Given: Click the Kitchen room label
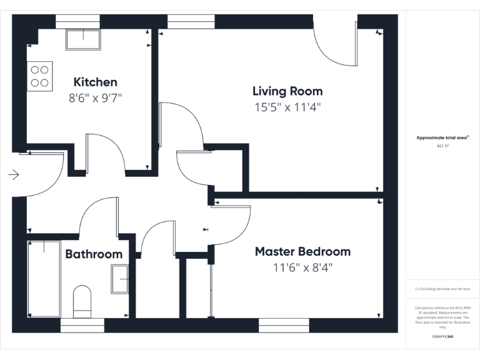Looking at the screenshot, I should coord(95,82).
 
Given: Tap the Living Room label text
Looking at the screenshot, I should coord(287,91).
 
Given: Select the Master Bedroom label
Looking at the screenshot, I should coord(302,252).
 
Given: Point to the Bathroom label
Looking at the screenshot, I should coord(94,254).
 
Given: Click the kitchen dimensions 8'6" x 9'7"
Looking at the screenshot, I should coord(95,98).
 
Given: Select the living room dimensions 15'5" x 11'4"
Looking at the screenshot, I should coord(287,107).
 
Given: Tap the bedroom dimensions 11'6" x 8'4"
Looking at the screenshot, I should coord(302,267).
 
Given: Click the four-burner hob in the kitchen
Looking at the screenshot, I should coord(40,76).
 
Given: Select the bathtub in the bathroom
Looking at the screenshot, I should coord(44,278).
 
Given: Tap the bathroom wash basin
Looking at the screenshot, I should coord(120,279).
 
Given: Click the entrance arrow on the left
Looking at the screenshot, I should coord(14,175).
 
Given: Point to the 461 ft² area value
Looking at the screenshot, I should coord(442,145).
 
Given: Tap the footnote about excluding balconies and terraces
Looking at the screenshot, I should coord(442,289).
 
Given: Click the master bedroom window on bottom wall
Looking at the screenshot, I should coord(284,324).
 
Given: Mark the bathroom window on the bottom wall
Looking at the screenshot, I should coord(82,324).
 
